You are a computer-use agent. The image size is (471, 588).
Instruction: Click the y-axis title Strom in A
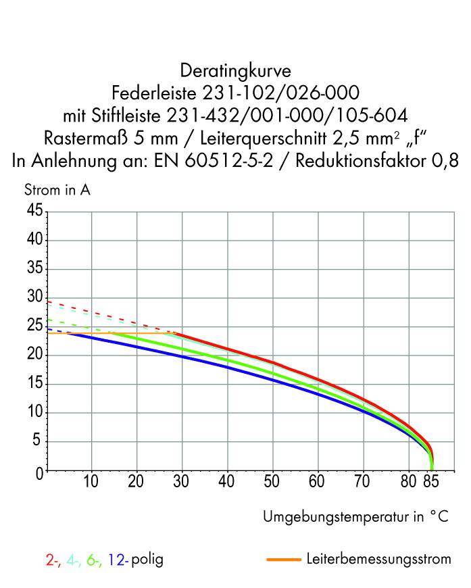(x=57, y=190)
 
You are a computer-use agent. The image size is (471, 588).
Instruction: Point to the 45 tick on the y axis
(x=34, y=212)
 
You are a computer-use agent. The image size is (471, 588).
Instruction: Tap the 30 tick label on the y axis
(x=34, y=298)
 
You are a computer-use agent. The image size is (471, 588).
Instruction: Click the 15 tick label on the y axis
(x=34, y=385)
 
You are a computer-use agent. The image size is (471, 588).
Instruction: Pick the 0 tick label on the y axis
(x=39, y=472)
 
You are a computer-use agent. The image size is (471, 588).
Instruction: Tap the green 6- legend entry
(x=94, y=560)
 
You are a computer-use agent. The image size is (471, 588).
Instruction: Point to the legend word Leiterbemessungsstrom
(x=378, y=560)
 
